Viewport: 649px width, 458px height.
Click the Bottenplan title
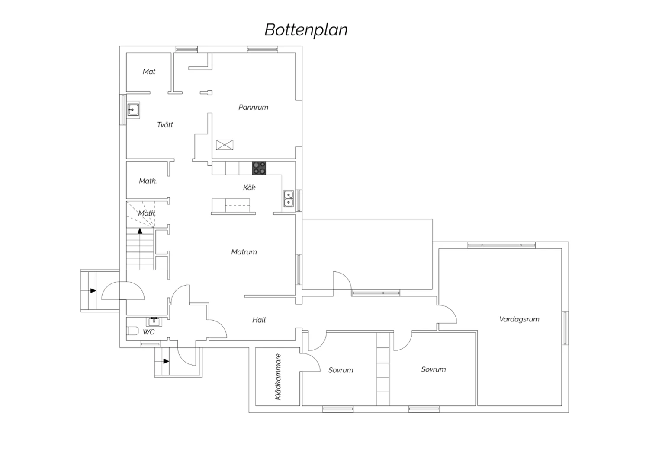[306, 30]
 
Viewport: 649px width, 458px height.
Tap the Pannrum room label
[253, 107]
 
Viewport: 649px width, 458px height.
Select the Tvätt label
[165, 125]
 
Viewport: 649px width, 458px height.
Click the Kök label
[249, 188]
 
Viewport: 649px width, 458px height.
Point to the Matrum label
[244, 252]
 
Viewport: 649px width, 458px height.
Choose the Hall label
[259, 320]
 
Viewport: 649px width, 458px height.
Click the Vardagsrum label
[519, 319]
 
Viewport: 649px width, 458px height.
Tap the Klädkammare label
[278, 377]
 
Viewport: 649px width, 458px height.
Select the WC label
[149, 332]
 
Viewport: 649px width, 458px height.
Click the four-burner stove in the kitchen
[259, 168]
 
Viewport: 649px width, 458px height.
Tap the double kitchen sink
[289, 198]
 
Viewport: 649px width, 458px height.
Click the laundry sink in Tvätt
[133, 110]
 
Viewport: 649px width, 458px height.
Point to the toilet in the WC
[133, 331]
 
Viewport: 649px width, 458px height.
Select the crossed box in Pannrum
[225, 145]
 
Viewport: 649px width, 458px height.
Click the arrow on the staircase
[140, 231]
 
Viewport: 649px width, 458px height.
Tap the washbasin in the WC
[154, 322]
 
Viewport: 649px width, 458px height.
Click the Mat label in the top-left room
[149, 72]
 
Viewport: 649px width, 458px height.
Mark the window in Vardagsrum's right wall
[565, 328]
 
